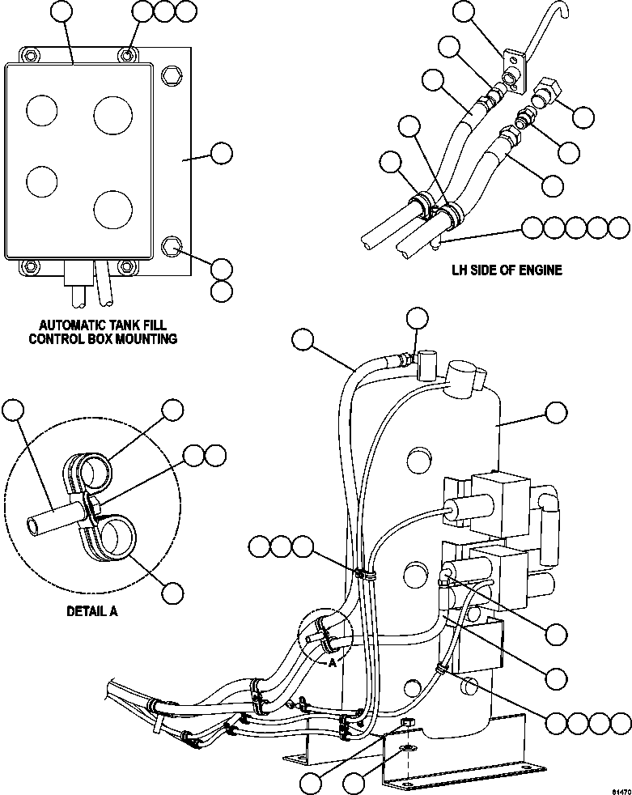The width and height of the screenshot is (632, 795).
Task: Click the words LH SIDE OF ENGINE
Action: [506, 270]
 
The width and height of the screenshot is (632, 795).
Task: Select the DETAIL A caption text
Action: [91, 611]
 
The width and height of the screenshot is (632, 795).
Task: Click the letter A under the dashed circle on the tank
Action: [332, 661]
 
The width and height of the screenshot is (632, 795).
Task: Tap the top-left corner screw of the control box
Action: [30, 55]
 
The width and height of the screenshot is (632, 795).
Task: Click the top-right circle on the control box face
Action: [112, 114]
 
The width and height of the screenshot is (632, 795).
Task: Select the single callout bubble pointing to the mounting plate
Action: [221, 153]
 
